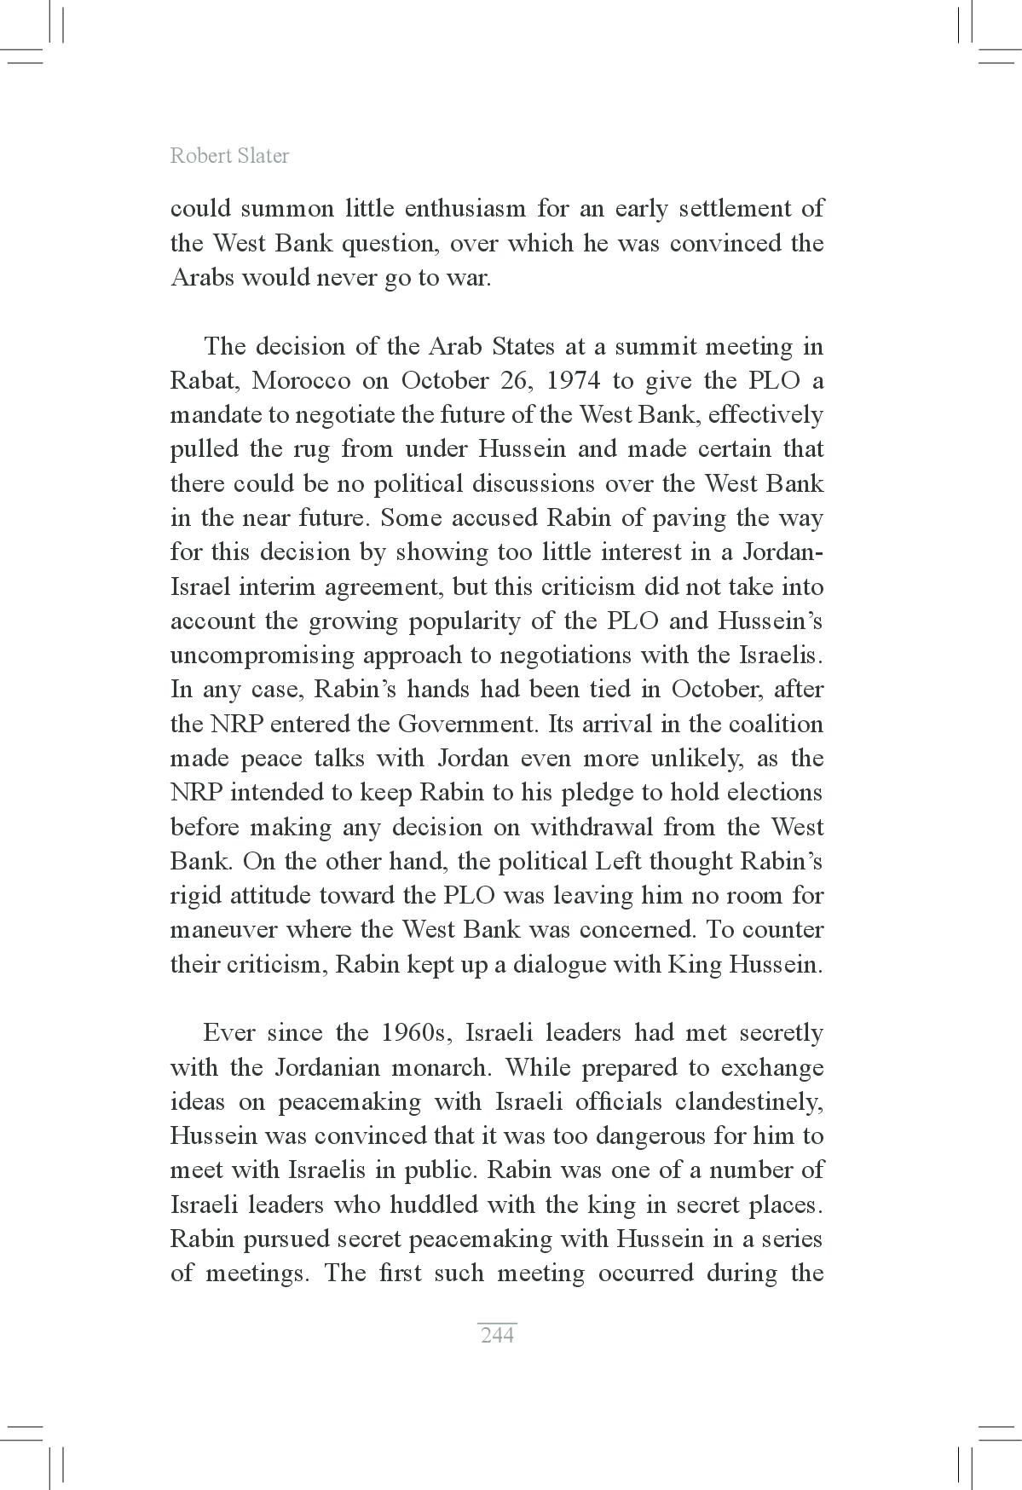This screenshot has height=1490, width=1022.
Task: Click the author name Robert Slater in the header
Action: point(229,156)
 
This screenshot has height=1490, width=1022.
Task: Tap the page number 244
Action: point(497,1335)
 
